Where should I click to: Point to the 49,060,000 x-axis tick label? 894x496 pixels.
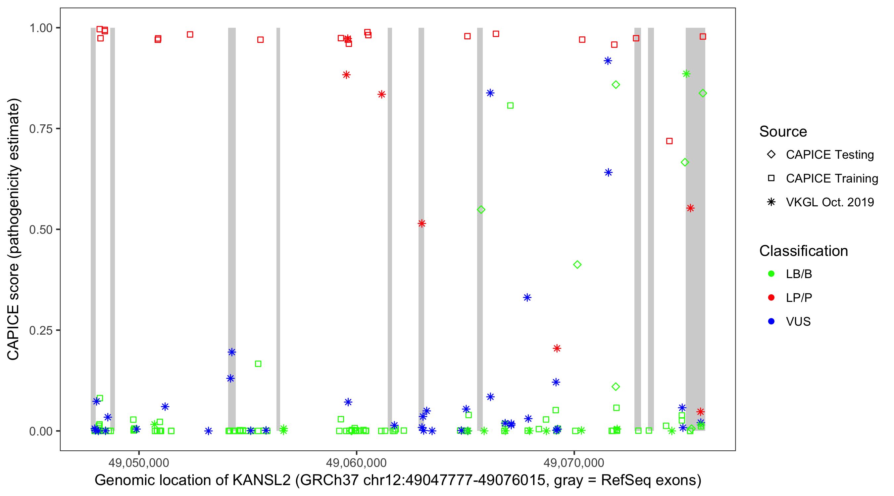[x=356, y=463]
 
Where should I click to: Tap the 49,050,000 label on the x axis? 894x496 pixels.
[x=138, y=463]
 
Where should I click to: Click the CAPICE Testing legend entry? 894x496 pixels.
[x=829, y=155]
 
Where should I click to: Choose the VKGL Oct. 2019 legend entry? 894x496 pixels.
[x=829, y=202]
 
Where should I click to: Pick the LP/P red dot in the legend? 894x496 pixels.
[x=771, y=298]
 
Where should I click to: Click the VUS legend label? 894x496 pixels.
[x=798, y=322]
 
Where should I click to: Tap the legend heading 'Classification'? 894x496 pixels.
[x=803, y=251]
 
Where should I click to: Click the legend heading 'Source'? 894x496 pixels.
[x=783, y=132]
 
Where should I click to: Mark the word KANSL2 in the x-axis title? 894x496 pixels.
[x=261, y=480]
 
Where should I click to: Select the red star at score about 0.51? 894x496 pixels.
[x=422, y=224]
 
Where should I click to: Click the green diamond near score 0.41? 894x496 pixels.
[x=577, y=265]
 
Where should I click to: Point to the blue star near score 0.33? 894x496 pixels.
[x=527, y=297]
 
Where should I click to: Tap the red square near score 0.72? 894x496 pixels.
[x=670, y=141]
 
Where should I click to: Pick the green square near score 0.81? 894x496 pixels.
[x=510, y=106]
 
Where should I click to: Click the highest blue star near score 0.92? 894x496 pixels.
[x=608, y=61]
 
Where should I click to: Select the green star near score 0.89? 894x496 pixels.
[x=686, y=74]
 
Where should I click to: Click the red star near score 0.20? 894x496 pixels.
[x=557, y=348]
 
